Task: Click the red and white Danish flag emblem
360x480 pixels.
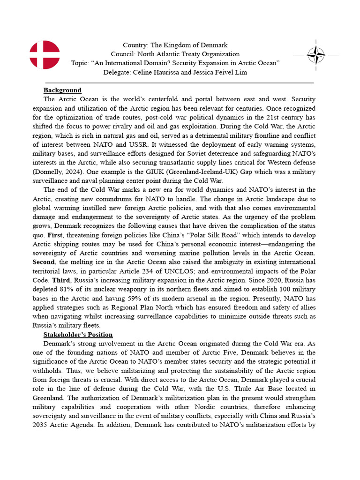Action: tap(45, 55)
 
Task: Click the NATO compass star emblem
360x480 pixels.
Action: tap(316, 55)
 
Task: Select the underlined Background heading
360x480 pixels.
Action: tap(62, 90)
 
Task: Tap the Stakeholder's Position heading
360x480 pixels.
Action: tap(78, 334)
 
